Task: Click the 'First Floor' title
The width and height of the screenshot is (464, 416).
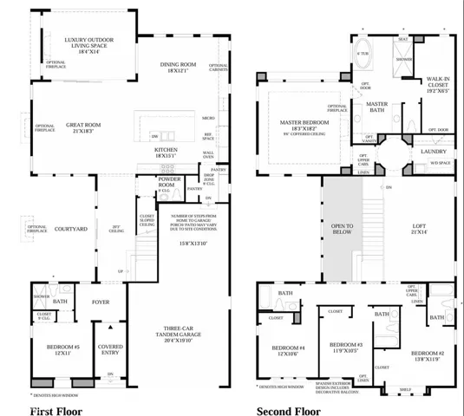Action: coord(56,411)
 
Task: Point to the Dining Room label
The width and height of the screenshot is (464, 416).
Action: coord(180,66)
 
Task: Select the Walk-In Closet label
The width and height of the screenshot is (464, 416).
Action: coord(438,84)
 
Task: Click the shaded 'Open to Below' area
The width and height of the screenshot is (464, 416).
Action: coord(343,229)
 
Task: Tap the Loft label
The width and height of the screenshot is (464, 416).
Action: coord(418,231)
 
